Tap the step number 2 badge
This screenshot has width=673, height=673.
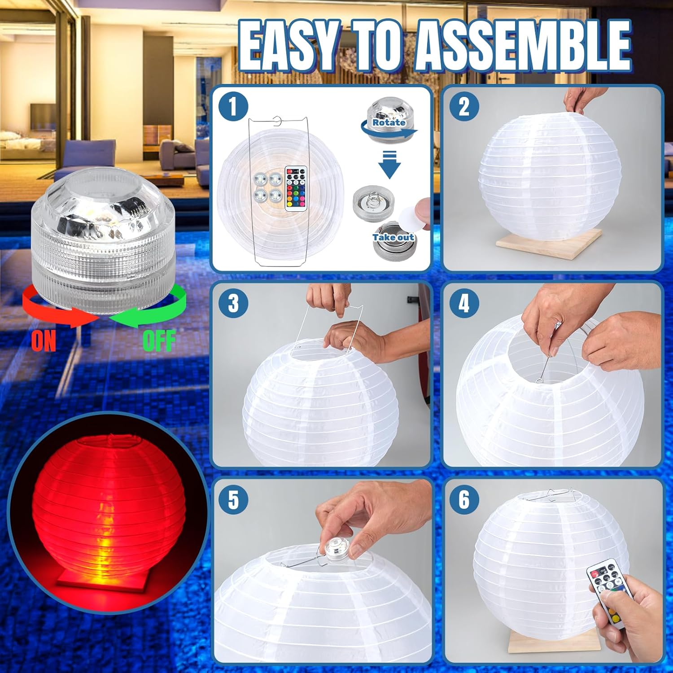click(464, 107)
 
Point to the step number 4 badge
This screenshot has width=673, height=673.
click(464, 303)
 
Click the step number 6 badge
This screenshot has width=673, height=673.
click(464, 499)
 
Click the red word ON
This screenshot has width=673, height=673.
click(44, 341)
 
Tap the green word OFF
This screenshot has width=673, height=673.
click(159, 341)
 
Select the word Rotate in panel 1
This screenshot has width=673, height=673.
click(389, 122)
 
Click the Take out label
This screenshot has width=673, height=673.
click(393, 237)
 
